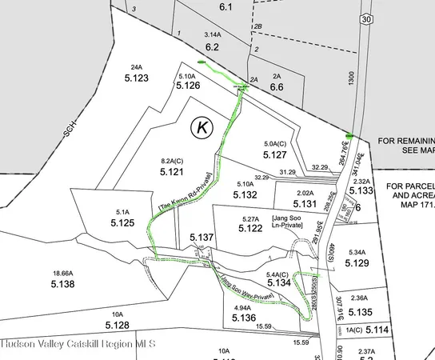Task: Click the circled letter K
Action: point(202,126)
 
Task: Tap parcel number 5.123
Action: point(137,78)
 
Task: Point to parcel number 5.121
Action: point(173,172)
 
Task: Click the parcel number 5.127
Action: point(274,155)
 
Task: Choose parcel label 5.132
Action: point(245,194)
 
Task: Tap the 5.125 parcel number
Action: point(122,223)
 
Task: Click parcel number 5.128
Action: point(117,326)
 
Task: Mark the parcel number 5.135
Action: point(361,312)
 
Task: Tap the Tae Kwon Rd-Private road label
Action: point(186,194)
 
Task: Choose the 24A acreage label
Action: point(136,67)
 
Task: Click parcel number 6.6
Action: point(277,87)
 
